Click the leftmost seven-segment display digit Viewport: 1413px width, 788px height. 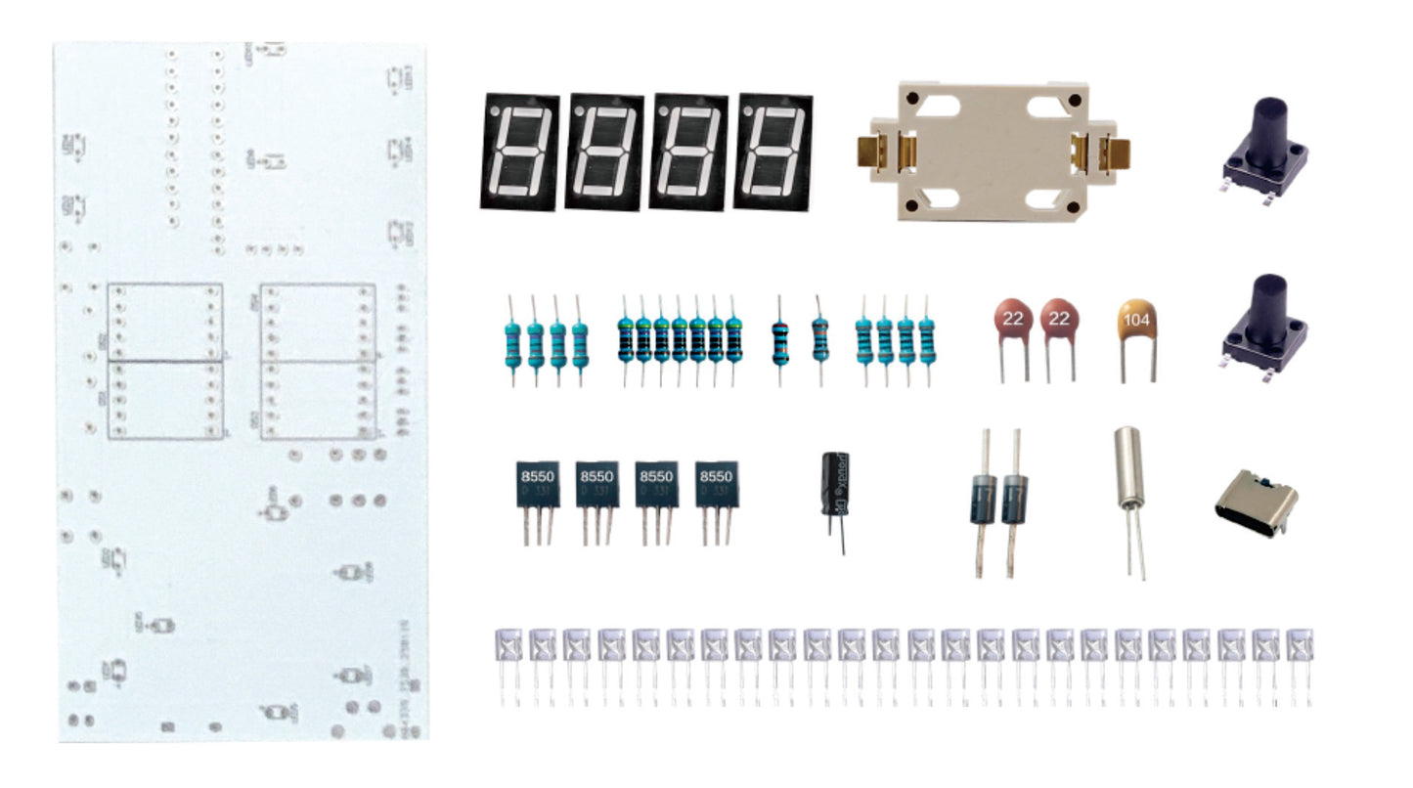(519, 152)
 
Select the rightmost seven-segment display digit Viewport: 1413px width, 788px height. (773, 152)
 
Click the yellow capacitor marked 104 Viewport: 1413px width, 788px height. (1137, 322)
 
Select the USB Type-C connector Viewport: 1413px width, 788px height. (1257, 502)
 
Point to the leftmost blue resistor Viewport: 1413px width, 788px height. (511, 337)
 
